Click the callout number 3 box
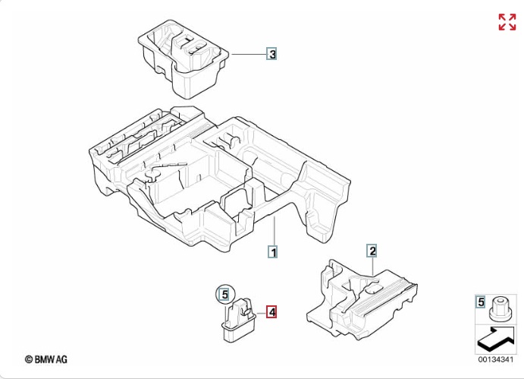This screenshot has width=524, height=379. click(x=271, y=54)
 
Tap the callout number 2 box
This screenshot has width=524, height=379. click(x=372, y=250)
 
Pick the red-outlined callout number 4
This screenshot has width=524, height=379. click(x=271, y=311)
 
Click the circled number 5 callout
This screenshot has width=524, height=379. click(x=223, y=293)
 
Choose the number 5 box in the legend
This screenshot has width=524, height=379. click(x=481, y=302)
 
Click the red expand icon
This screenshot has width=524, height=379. click(x=507, y=22)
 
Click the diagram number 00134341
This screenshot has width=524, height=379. click(x=496, y=359)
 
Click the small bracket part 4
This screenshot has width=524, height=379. click(x=236, y=319)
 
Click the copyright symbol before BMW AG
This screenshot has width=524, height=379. click(x=29, y=358)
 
